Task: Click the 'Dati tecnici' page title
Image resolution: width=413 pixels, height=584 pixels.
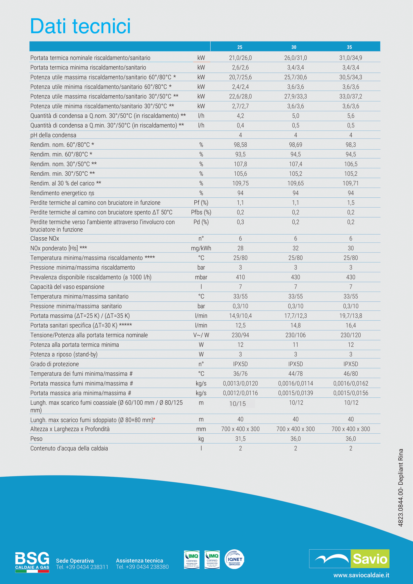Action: point(80,26)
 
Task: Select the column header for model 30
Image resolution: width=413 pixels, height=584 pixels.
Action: point(294,47)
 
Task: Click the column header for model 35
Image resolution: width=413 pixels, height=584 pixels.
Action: point(349,47)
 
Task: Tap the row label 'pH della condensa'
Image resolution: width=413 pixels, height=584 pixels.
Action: point(53,135)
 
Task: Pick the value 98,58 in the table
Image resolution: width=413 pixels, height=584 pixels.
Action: point(240,145)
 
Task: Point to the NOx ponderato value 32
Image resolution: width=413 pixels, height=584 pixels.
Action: point(295,248)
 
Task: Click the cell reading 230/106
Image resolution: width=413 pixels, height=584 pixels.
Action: point(295,335)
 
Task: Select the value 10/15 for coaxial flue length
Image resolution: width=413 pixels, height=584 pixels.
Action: point(238,404)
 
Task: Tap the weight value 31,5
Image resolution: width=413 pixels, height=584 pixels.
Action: point(240,439)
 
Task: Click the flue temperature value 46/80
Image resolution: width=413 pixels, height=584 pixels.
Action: point(350,374)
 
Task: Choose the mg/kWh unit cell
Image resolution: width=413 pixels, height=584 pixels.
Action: point(201,248)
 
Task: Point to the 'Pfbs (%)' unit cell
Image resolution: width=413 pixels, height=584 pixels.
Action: point(201,212)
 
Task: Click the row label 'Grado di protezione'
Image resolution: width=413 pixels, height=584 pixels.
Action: point(55,364)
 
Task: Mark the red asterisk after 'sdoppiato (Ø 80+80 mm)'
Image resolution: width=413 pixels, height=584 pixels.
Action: point(154,419)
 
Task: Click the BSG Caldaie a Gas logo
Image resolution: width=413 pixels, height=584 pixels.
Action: point(32,562)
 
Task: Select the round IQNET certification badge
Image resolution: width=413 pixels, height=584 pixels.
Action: point(234,559)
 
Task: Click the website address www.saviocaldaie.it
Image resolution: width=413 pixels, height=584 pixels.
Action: point(361,575)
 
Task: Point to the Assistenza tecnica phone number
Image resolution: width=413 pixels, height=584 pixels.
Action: point(142,567)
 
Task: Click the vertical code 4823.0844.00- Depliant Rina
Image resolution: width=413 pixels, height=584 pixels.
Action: point(401,488)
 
